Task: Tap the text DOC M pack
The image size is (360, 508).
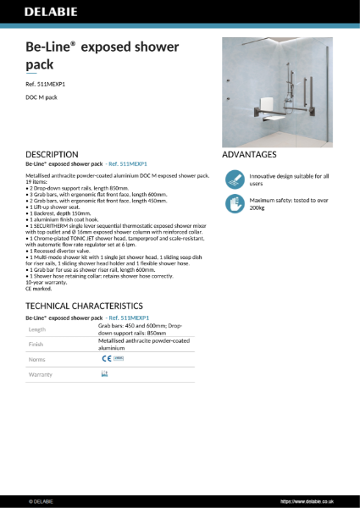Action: pos(42,100)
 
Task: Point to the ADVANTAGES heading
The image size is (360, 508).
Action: pos(249,155)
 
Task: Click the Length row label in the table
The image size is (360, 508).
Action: pos(37,329)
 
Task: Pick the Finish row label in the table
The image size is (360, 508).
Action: pos(36,345)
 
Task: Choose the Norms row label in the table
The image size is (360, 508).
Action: pos(37,359)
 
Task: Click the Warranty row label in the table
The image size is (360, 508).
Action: pos(41,373)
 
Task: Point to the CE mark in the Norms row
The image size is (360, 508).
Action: pos(106,359)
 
